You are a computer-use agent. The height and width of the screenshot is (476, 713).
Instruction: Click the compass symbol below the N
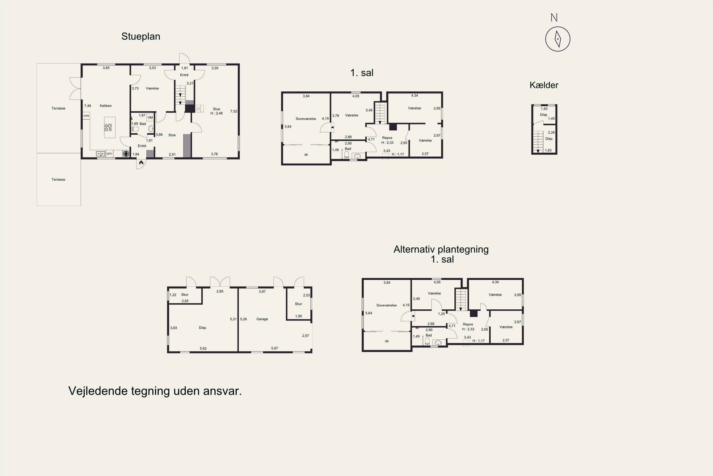click(558, 39)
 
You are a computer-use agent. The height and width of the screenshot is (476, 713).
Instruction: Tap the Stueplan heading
click(141, 36)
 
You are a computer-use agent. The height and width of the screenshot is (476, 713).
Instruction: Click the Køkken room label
click(106, 106)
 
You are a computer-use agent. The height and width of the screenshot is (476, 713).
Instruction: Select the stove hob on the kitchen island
click(108, 128)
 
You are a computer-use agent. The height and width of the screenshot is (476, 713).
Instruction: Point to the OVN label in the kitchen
click(87, 116)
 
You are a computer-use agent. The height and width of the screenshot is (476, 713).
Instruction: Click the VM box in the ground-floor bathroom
click(150, 118)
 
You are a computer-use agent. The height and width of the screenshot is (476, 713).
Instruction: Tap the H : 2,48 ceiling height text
click(217, 113)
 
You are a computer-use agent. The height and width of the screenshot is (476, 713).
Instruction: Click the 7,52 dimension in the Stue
click(233, 111)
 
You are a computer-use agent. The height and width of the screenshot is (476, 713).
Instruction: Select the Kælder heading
click(544, 85)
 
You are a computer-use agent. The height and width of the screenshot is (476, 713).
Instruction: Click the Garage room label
click(262, 319)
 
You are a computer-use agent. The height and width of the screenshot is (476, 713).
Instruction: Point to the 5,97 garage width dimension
click(274, 348)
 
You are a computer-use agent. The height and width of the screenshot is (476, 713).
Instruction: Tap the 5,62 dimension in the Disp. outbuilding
click(203, 348)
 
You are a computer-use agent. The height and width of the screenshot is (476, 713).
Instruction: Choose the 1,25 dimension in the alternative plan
click(441, 314)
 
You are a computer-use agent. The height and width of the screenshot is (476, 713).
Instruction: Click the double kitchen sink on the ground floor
click(101, 154)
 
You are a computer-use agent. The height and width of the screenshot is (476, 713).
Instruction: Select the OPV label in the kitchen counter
click(109, 154)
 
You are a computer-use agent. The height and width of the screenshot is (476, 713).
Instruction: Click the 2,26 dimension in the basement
click(551, 132)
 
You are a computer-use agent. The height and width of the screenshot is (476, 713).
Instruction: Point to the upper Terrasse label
click(58, 108)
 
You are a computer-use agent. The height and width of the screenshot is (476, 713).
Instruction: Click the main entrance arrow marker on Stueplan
click(141, 163)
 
